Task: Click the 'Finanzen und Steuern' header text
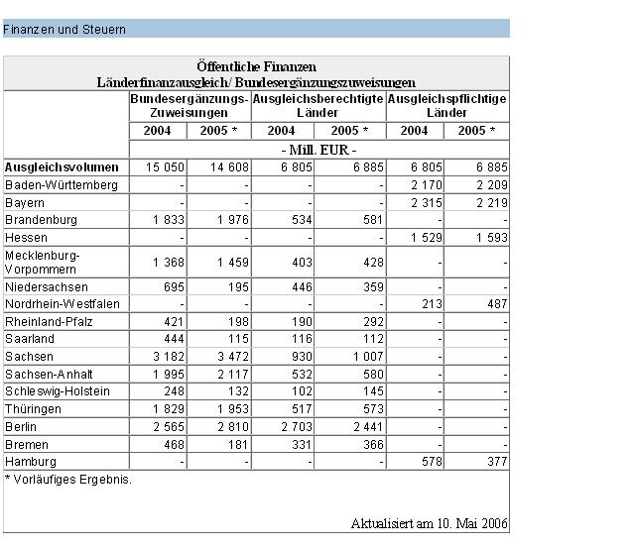point(64,30)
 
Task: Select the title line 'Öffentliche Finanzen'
point(256,66)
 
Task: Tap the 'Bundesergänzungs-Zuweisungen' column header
point(189,106)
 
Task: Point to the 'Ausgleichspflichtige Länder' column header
point(446,106)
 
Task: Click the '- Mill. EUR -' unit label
point(318,149)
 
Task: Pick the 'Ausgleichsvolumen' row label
point(62,167)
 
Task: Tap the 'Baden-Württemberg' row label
point(62,185)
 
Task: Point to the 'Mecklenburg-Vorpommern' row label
point(45,262)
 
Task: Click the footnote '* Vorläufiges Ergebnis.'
point(67,480)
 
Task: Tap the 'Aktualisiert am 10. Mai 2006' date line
point(430,523)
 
